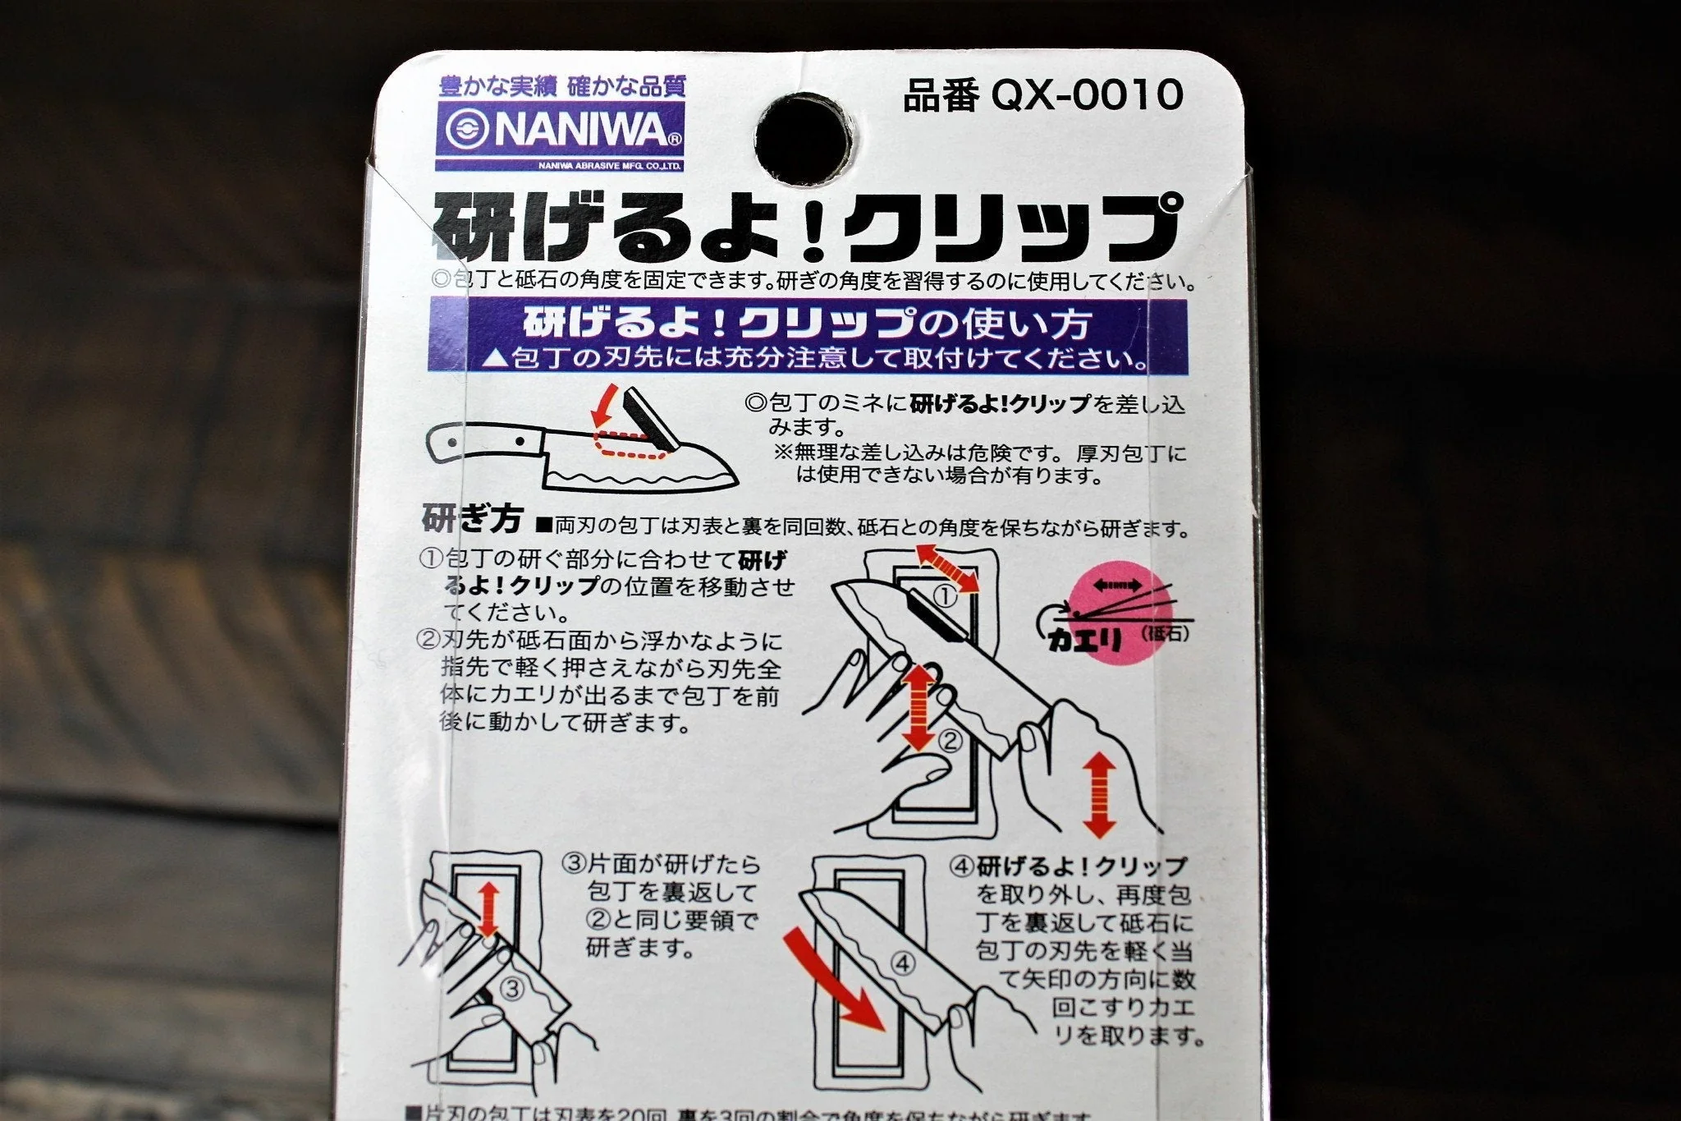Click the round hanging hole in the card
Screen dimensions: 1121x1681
click(x=802, y=139)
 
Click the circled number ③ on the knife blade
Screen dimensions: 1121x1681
click(x=511, y=988)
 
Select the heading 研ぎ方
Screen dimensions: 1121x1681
click(x=472, y=518)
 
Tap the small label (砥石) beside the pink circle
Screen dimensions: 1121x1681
click(x=1164, y=633)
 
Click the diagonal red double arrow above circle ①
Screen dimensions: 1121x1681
click(x=948, y=567)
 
